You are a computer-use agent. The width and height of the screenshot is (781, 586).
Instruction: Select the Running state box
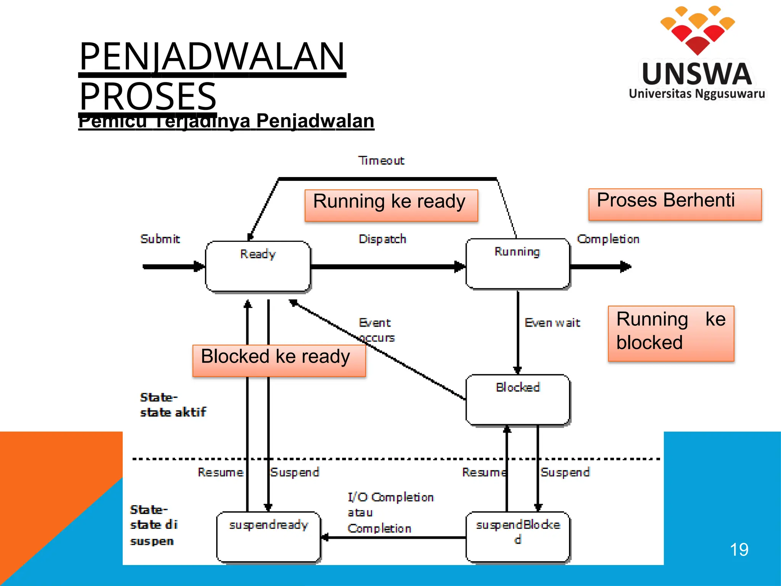517,264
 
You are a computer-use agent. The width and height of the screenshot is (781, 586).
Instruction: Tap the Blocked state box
517,399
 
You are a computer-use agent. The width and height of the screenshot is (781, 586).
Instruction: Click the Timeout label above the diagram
381,161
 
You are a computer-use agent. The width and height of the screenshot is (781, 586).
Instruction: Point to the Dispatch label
382,239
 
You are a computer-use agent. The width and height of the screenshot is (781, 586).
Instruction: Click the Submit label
160,239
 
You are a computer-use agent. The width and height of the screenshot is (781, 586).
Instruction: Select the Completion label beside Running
608,239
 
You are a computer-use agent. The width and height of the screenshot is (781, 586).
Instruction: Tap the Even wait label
552,323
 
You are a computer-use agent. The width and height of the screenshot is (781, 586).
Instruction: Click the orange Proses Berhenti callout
675,204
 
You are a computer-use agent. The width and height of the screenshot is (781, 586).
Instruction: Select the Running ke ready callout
391,205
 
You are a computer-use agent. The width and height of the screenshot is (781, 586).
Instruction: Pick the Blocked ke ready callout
279,361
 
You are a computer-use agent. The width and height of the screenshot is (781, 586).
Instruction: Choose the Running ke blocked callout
671,333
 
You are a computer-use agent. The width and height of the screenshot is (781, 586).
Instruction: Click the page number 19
739,550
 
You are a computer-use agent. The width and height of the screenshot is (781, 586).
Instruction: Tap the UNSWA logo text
697,74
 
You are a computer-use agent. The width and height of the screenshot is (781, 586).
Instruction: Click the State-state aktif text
172,405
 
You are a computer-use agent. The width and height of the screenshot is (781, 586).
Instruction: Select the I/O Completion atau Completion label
390,513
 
